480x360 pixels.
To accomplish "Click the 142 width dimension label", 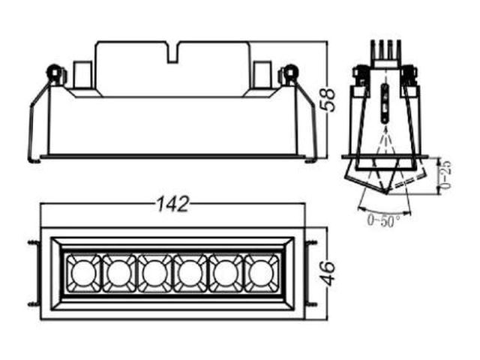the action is [x=173, y=204].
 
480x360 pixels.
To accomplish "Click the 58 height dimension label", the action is [x=328, y=100].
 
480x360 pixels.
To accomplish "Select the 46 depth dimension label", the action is [x=328, y=273].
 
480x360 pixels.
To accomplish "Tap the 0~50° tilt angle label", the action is [x=384, y=220].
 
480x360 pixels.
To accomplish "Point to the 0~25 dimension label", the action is [x=446, y=175].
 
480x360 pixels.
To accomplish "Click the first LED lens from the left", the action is [x=84, y=273].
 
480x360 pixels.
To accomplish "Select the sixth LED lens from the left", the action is [x=261, y=273].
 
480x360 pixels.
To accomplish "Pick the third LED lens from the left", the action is [x=154, y=273].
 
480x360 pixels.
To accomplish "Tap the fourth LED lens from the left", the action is [x=190, y=273].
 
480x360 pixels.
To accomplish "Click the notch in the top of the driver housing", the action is [x=173, y=52].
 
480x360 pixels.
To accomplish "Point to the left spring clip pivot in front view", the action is [x=54, y=73].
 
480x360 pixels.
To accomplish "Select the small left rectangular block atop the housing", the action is [x=82, y=75].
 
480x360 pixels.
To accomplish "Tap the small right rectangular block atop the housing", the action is [x=262, y=75].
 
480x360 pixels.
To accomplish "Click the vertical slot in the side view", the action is [x=385, y=103].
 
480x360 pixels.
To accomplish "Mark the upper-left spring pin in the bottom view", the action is [x=34, y=242].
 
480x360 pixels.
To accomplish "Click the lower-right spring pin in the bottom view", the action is [x=311, y=305].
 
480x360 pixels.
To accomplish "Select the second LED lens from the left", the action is [x=119, y=273].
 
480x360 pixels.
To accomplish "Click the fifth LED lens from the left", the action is [x=226, y=273].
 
